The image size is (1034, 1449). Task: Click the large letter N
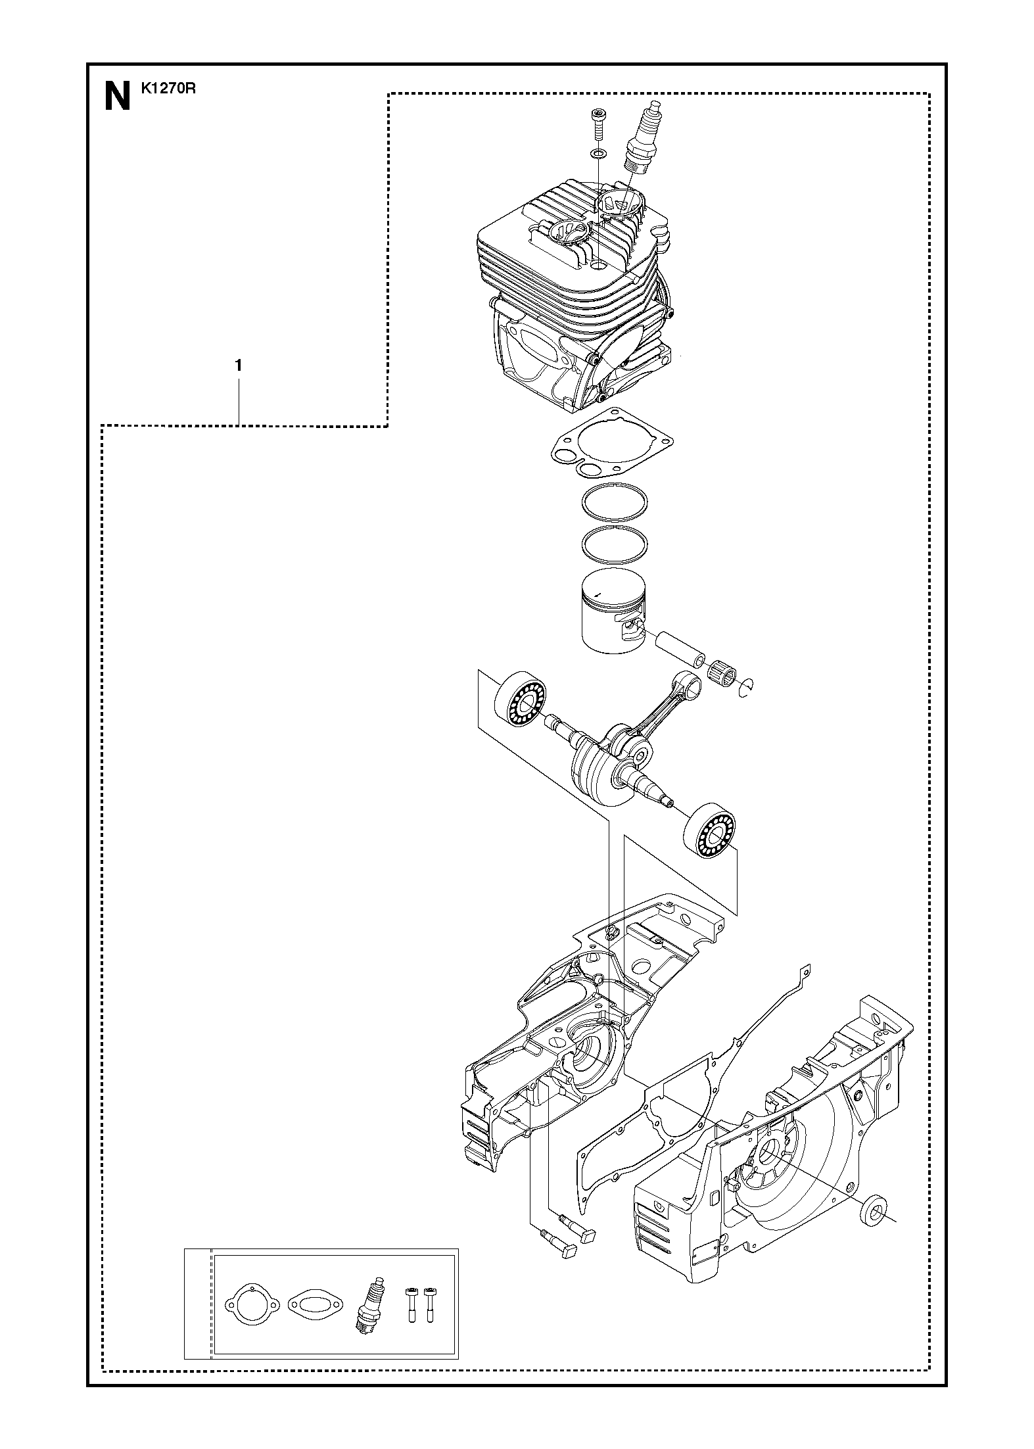118,96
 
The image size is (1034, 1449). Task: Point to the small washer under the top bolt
598,154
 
